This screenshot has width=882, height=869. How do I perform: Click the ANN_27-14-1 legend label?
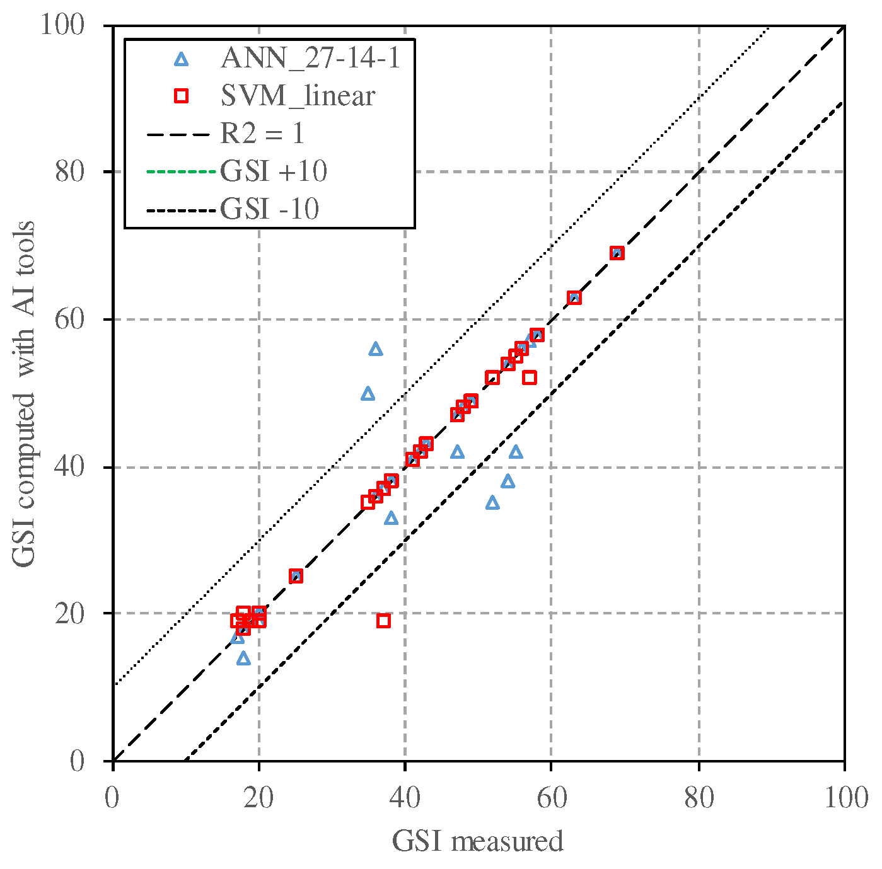(311, 59)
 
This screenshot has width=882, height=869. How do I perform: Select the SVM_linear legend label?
(298, 96)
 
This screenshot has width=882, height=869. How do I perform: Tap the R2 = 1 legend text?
(262, 134)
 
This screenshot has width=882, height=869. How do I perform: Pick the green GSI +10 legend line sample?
(182, 172)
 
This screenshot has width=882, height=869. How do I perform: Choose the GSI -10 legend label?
(270, 209)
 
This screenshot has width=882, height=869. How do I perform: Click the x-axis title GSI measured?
(477, 841)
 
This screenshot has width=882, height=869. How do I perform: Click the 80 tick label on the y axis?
(69, 171)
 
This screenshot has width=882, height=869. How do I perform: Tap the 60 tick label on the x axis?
(551, 798)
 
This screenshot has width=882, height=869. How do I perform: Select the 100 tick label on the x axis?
(844, 798)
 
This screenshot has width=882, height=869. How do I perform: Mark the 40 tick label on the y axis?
(69, 467)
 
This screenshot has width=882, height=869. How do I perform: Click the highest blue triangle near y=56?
(376, 349)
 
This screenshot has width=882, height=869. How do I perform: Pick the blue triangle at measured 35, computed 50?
(368, 394)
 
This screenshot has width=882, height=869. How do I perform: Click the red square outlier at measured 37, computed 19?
(383, 621)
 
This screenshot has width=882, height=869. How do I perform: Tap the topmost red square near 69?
(617, 253)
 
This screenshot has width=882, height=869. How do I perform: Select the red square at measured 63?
(574, 297)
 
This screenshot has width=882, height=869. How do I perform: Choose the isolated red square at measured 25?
(296, 576)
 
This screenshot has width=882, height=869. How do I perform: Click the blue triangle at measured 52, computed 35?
(493, 502)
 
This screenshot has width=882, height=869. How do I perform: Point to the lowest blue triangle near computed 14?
(243, 659)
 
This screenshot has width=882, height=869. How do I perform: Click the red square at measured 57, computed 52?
(530, 377)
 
